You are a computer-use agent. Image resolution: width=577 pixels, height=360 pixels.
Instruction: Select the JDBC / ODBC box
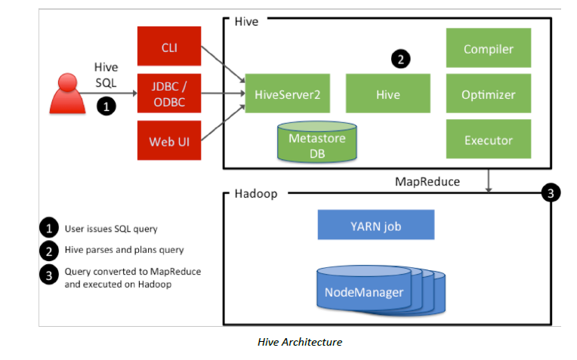click(168, 95)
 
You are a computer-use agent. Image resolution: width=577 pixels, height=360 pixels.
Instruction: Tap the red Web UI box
click(168, 141)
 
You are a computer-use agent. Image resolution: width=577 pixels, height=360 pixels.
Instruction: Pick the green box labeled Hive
click(387, 95)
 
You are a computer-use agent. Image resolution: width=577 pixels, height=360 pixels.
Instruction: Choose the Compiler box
click(488, 49)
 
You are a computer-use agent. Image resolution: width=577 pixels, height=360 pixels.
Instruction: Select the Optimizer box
click(488, 95)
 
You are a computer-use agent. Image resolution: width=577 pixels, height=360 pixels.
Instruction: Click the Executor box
click(488, 140)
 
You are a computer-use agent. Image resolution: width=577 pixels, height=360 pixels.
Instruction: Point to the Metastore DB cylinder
click(316, 143)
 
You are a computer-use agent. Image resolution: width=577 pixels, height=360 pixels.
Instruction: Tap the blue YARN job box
click(376, 224)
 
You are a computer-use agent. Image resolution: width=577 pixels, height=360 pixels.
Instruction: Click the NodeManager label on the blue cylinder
click(363, 292)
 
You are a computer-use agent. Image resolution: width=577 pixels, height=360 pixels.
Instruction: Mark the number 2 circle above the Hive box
click(400, 58)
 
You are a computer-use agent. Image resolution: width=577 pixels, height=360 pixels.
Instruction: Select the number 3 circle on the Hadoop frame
click(551, 193)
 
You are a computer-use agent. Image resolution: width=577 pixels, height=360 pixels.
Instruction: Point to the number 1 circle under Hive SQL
click(106, 106)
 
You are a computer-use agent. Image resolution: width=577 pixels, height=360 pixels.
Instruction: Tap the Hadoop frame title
click(252, 194)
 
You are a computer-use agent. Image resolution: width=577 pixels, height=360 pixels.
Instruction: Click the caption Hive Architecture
click(300, 342)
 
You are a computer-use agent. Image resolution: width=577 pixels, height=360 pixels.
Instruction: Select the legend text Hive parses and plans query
click(121, 251)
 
